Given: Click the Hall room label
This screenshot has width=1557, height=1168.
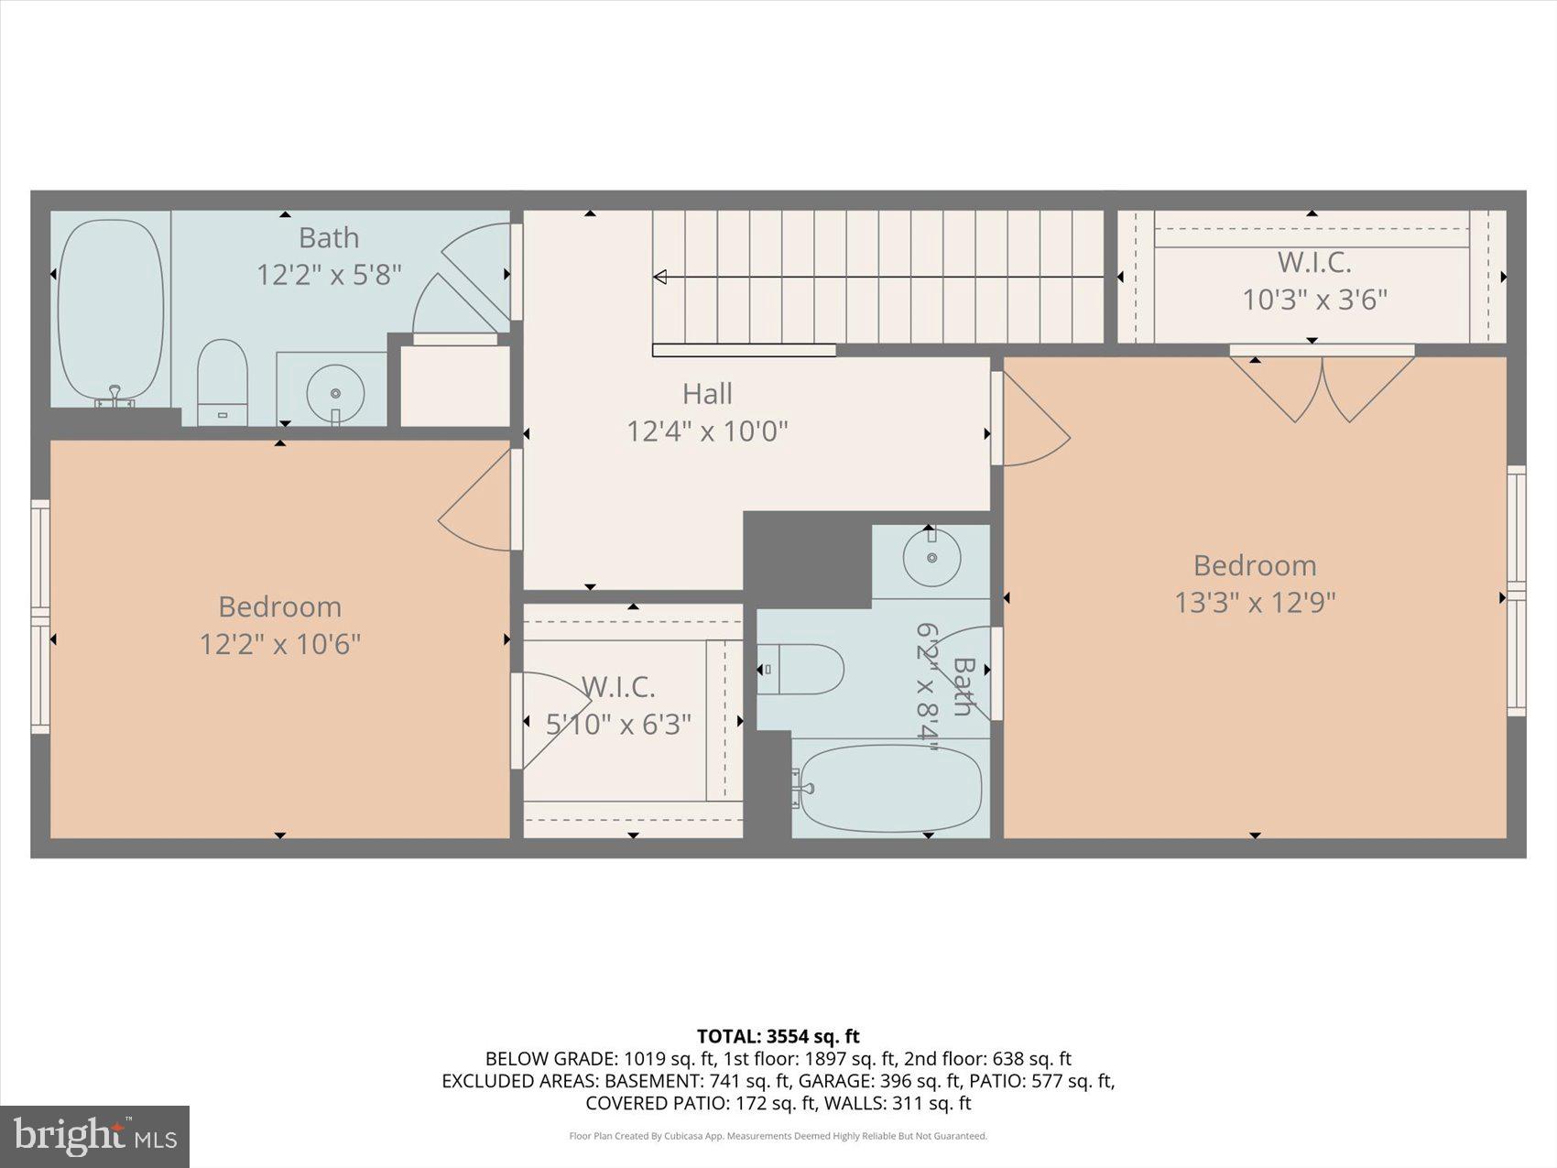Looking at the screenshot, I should (x=707, y=394).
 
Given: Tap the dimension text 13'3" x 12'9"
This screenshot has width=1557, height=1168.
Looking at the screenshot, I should (x=1255, y=603).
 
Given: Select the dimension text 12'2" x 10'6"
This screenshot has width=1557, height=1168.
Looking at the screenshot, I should (x=280, y=644).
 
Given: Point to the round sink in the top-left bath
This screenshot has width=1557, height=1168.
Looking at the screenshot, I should (x=335, y=393).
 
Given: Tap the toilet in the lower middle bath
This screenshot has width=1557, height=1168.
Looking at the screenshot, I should (x=802, y=670).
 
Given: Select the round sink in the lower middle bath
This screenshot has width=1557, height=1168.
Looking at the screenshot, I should (x=931, y=557).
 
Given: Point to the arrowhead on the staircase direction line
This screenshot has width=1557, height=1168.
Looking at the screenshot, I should (x=659, y=277).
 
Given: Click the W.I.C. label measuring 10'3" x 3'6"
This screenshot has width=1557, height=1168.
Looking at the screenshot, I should (x=1314, y=263).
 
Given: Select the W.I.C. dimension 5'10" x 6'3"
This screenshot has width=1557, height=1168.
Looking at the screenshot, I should (x=619, y=725).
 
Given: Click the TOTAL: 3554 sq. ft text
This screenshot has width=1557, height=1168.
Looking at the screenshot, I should (x=778, y=1036).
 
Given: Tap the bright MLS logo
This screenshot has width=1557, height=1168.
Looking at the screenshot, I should (x=94, y=1136).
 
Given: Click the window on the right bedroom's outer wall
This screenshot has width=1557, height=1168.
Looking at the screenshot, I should (x=1517, y=591).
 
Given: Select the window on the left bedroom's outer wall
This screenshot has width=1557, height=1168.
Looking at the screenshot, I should (x=40, y=616).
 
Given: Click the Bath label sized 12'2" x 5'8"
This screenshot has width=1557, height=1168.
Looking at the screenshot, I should (x=329, y=238).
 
